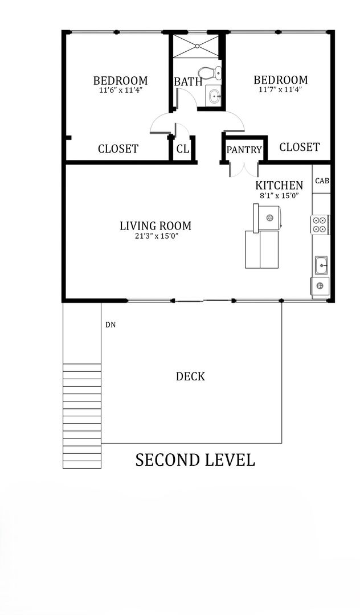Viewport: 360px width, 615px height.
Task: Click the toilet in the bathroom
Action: pos(210,73)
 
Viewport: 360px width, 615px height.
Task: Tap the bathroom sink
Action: pos(214,95)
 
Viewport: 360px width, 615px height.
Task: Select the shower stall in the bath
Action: pos(196,47)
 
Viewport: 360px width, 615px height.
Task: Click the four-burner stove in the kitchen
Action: pos(320,224)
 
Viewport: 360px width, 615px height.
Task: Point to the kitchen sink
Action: pos(322,265)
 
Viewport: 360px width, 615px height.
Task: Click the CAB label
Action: pos(322,181)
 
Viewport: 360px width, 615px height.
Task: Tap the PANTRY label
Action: pos(244,150)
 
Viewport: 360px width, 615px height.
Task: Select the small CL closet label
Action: pos(183,149)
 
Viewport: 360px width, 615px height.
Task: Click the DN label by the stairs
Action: pos(111,325)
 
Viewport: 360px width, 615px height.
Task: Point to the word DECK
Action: pos(190,376)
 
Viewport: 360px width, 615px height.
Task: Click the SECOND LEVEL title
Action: pos(195,460)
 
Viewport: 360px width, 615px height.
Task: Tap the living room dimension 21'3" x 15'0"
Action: pos(156,236)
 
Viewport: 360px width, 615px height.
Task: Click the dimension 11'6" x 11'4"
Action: pos(120,90)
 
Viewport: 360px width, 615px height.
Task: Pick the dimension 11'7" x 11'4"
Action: pos(280,89)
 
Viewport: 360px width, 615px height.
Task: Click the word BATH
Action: pos(188,82)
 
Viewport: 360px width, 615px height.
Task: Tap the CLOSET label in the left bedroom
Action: pos(118,149)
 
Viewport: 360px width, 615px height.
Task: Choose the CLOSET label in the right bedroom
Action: pos(300,147)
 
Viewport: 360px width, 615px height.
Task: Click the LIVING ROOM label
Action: pos(156,226)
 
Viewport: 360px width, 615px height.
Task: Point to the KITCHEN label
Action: pos(279,185)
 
